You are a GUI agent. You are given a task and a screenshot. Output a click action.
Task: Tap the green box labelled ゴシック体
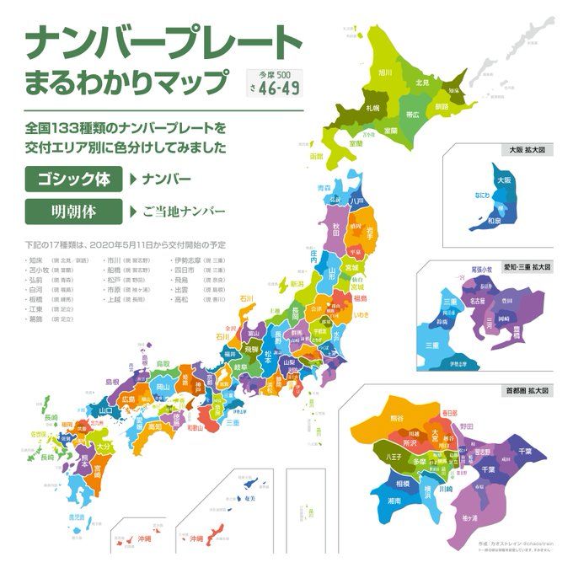73,179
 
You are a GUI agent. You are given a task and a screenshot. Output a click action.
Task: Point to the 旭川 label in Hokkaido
386,73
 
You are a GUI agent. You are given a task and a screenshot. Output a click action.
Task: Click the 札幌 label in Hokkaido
372,109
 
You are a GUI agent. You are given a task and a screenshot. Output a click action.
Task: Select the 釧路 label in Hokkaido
442,107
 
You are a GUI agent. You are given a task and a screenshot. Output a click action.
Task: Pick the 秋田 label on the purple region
336,227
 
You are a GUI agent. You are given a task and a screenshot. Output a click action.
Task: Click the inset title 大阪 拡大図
526,150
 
